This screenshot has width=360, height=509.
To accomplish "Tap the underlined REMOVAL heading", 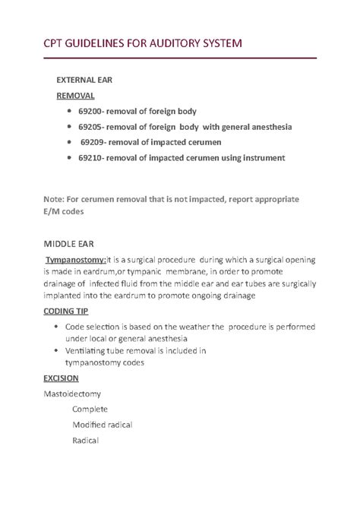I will tap(76, 96).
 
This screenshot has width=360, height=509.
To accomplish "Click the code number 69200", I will tap(93, 111).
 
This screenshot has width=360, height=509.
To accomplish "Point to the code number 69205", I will tap(93, 126).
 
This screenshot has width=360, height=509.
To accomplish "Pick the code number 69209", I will tap(95, 142).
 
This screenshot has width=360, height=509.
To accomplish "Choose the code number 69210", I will tap(93, 157).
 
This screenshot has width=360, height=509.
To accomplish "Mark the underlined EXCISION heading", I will tap(65, 378).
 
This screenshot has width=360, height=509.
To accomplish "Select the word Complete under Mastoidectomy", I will tap(90, 409).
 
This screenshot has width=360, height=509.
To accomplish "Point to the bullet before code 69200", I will tap(69, 111).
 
